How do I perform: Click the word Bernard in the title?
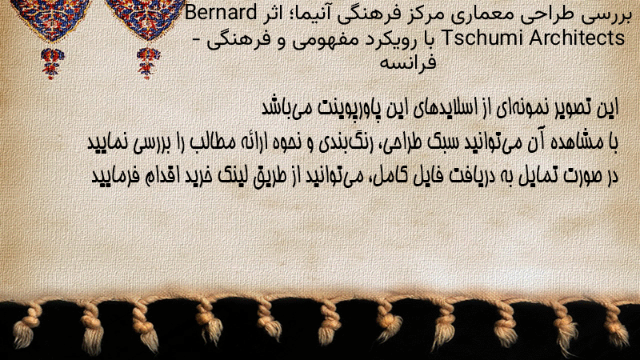(221, 13)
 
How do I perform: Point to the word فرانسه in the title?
(408, 63)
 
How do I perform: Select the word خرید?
(193, 176)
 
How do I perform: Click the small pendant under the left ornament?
(51, 63)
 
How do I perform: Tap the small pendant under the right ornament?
(148, 63)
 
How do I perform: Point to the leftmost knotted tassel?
(27, 326)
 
